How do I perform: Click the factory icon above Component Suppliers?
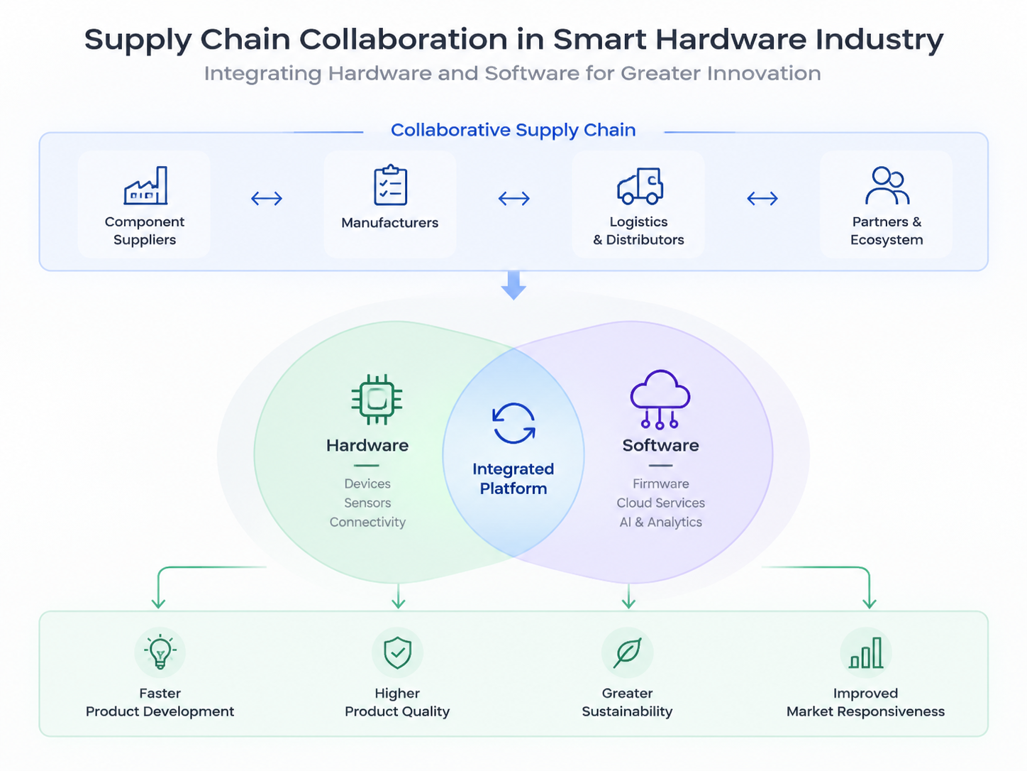(x=145, y=185)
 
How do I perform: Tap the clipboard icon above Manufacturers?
(x=391, y=185)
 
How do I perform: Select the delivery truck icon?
(x=640, y=186)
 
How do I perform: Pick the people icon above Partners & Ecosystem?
(x=887, y=185)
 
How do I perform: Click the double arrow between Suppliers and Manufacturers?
(x=267, y=199)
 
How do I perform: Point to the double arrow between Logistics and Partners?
(x=762, y=199)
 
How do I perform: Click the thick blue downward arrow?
(x=513, y=285)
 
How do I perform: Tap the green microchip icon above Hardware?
(x=377, y=399)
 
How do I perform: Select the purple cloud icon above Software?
(x=660, y=399)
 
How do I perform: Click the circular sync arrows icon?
(x=513, y=422)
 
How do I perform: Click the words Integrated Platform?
(x=513, y=479)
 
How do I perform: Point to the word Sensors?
(x=367, y=503)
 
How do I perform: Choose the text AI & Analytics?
(x=660, y=522)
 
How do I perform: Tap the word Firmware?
(x=660, y=483)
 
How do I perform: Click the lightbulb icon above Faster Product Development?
(x=160, y=652)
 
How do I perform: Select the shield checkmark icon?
(x=397, y=652)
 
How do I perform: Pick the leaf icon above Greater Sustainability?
(x=627, y=652)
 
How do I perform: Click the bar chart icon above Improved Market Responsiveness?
(x=865, y=652)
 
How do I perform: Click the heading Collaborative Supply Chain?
(x=513, y=130)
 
